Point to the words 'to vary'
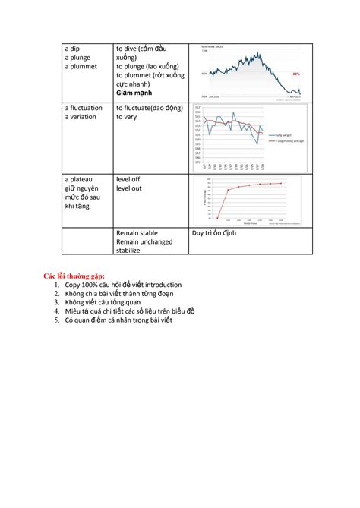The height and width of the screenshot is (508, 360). [x=128, y=118]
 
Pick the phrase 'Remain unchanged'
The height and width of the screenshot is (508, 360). [x=144, y=241]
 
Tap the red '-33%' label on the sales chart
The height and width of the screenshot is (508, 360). [x=295, y=74]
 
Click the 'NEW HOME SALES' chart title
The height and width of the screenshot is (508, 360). [x=210, y=46]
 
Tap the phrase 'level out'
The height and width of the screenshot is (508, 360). [x=129, y=188]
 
